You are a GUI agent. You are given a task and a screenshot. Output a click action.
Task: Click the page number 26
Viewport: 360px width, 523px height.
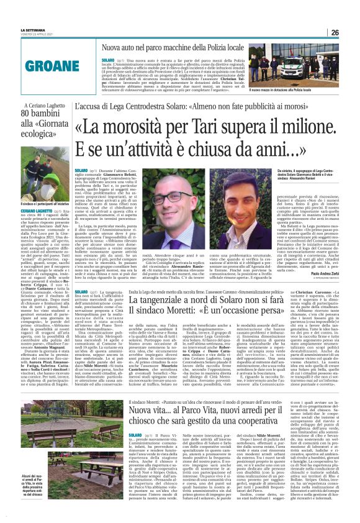click(x=335, y=32)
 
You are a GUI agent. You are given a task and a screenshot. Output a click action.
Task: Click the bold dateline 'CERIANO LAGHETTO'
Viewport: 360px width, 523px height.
click(x=29, y=211)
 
